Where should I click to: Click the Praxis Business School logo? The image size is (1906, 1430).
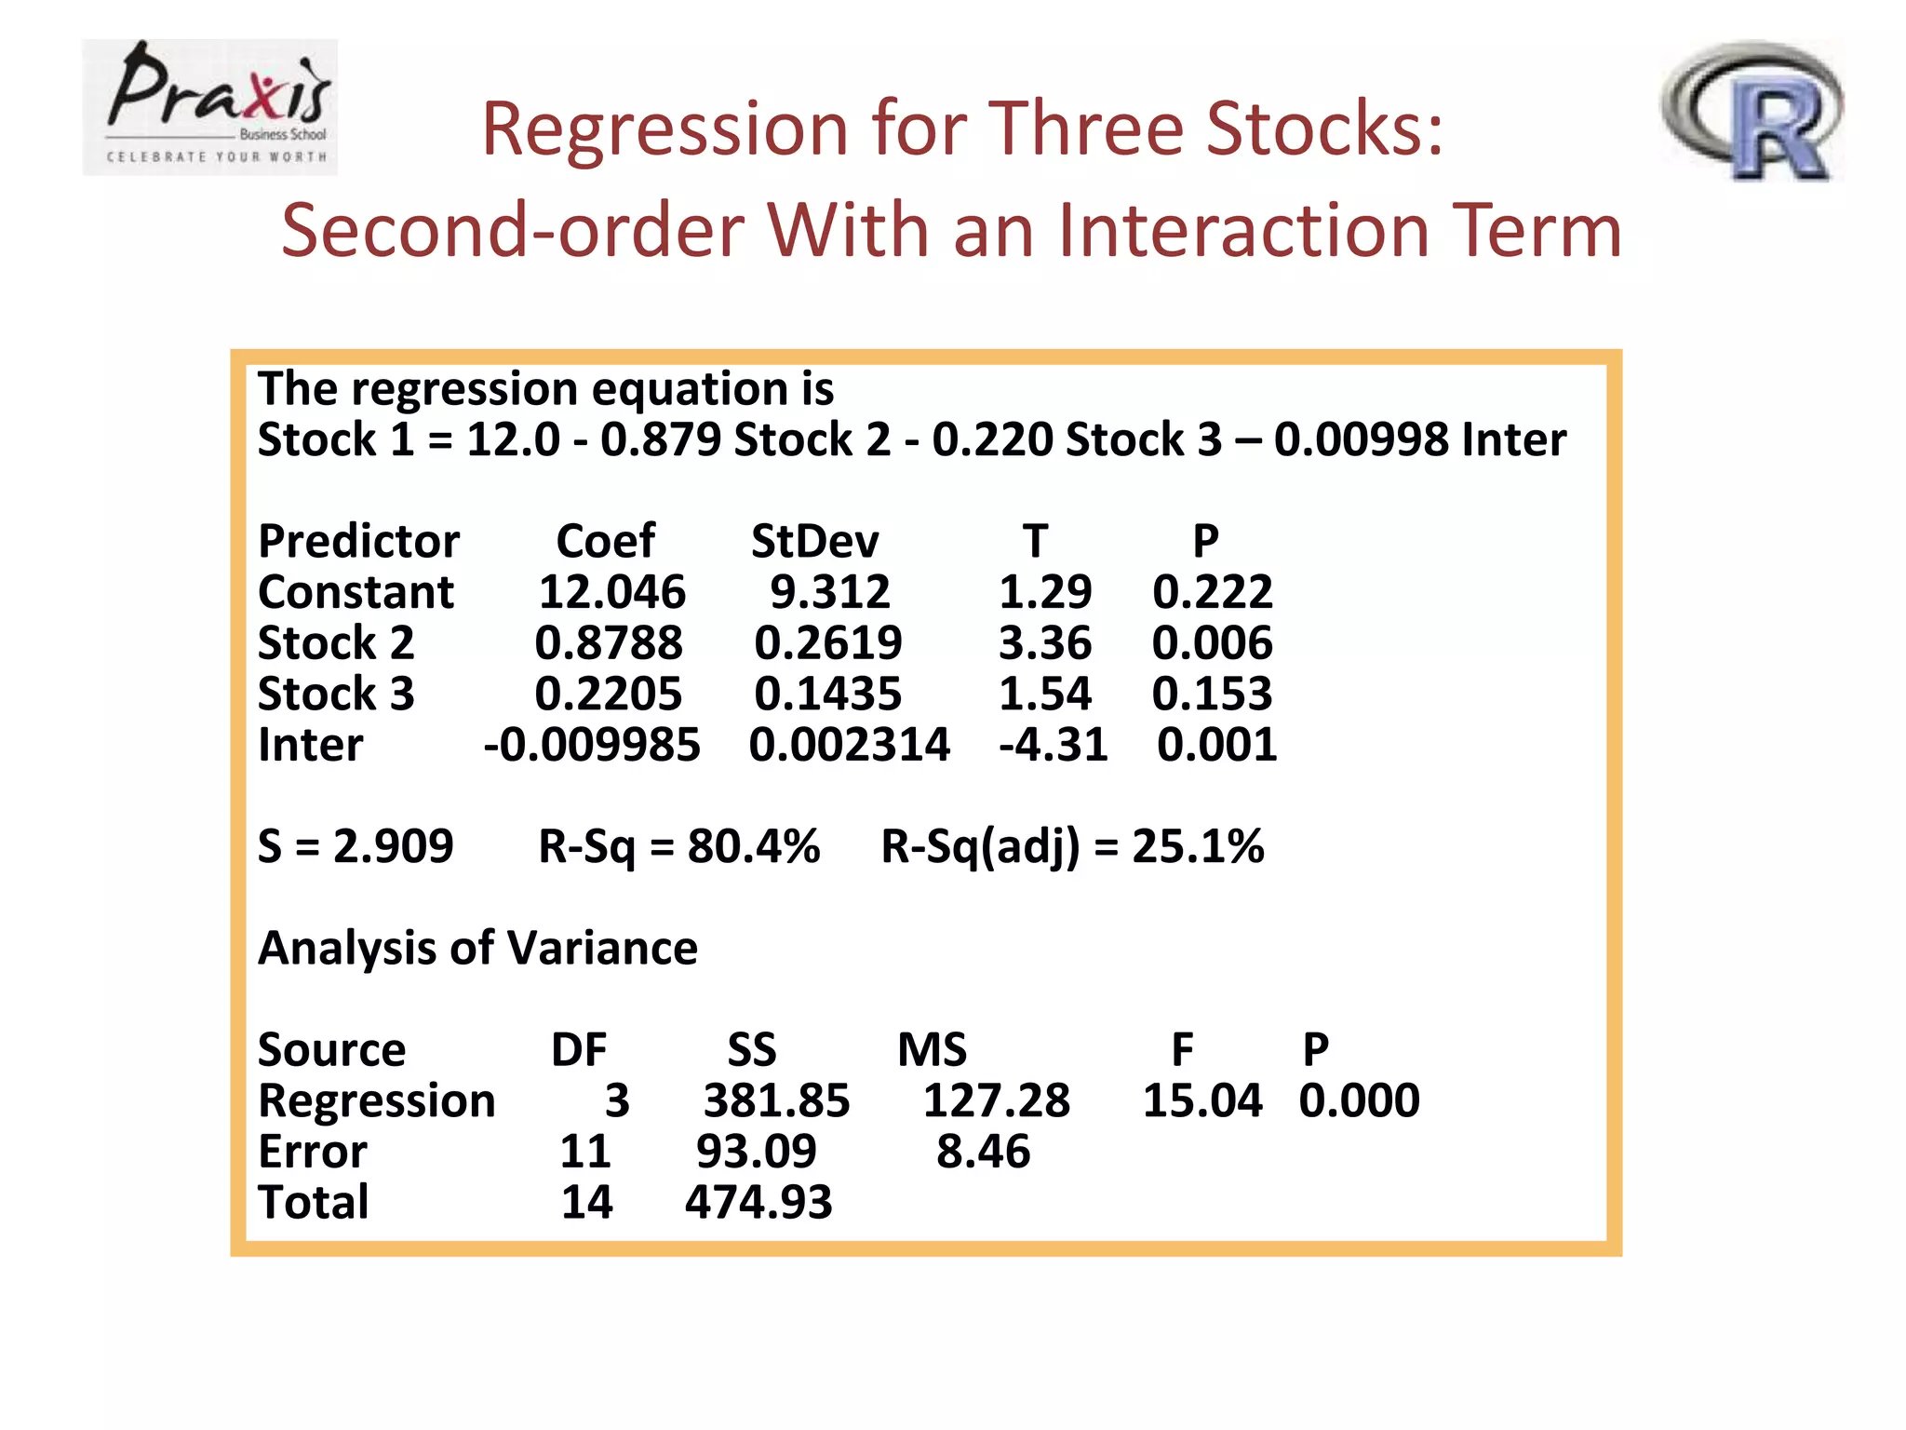coord(210,107)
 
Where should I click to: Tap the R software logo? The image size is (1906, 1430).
coord(1752,111)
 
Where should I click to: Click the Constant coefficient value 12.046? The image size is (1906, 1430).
coord(612,592)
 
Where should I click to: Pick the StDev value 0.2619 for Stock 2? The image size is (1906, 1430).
coord(827,643)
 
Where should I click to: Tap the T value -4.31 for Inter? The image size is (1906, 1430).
coord(1053,745)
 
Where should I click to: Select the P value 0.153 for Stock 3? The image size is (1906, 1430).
coord(1212,695)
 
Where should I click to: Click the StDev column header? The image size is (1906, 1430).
coord(814,542)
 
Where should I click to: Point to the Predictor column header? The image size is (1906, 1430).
coord(358,542)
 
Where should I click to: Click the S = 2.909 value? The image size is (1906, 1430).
coord(356,846)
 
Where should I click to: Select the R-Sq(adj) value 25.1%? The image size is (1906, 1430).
coord(1197,846)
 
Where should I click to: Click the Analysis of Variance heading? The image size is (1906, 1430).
coord(477,949)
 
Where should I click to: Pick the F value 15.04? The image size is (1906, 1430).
coord(1201,1101)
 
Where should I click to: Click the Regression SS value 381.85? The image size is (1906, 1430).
coord(776,1101)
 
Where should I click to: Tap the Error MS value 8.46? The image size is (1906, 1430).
coord(983,1152)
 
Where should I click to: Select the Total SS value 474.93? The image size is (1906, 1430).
coord(758,1203)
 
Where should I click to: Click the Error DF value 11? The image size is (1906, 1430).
coord(584,1152)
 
